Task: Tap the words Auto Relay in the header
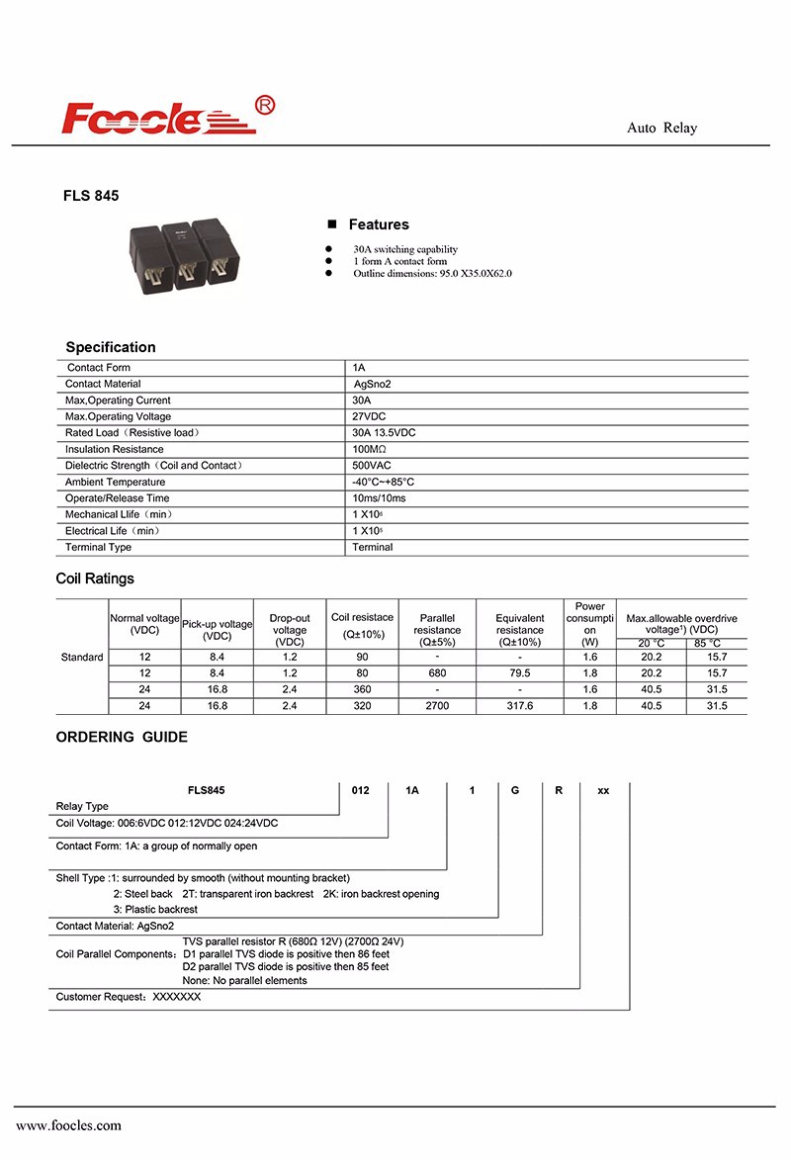[661, 128]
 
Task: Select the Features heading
[378, 224]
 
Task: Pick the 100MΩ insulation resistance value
[371, 449]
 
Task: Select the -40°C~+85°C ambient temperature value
[383, 482]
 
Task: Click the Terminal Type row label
[98, 547]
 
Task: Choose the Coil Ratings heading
[95, 579]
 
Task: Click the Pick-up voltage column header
[217, 630]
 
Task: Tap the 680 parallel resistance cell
[437, 672]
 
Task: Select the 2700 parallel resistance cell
[437, 705]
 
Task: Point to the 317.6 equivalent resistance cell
[520, 705]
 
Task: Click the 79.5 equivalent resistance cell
[520, 672]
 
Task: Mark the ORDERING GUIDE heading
[122, 737]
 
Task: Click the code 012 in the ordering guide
[361, 790]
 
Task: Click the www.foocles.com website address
[68, 1125]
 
